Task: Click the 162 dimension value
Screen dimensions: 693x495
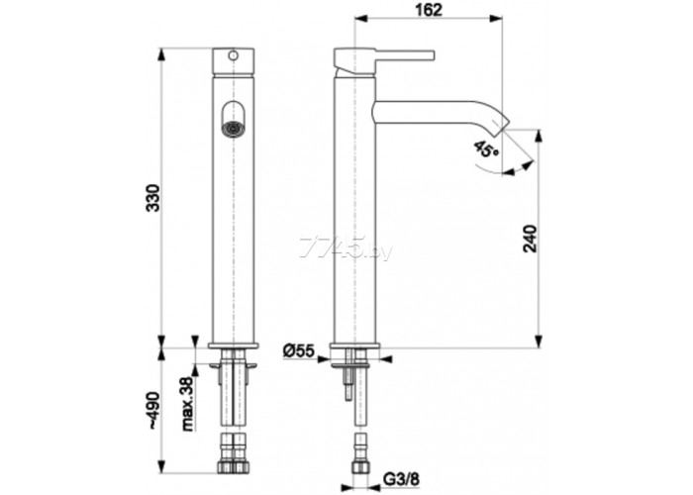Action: [x=429, y=10]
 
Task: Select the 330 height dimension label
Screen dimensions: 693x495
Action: [x=152, y=198]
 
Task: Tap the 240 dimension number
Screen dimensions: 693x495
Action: [x=530, y=239]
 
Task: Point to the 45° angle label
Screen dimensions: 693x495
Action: [x=486, y=148]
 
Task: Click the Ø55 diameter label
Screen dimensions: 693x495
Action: [x=298, y=351]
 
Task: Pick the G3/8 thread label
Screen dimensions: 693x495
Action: [x=401, y=478]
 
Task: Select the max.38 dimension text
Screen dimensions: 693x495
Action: [x=189, y=404]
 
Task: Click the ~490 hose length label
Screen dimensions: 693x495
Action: [x=152, y=410]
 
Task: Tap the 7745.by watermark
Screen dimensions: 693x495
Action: [x=346, y=247]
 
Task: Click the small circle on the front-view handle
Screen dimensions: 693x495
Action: [x=233, y=55]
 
